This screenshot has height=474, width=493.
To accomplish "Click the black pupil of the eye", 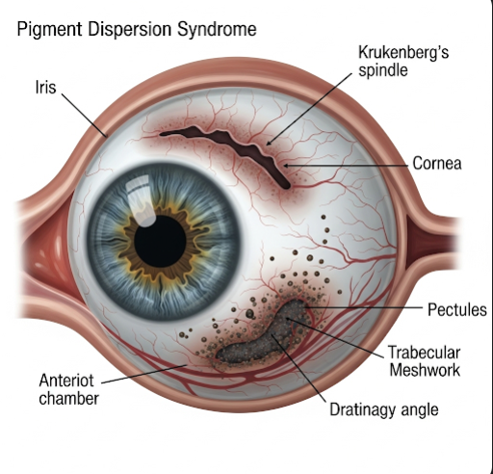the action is coord(160,242).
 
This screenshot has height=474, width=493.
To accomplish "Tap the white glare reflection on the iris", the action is coord(142,201).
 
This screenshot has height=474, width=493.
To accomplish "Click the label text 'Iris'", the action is coord(45,88).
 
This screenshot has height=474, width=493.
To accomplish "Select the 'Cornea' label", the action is coord(437,163).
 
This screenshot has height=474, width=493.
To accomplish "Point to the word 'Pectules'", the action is coord(457,310).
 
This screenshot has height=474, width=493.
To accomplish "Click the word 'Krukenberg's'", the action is coord(403,53).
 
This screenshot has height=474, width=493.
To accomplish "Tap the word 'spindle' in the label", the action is coord(383,70).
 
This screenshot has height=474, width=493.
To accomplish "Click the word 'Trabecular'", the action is coord(424,353).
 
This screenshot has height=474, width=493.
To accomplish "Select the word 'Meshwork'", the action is coord(425,370).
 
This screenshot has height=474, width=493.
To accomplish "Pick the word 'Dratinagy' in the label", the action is coord(361,410).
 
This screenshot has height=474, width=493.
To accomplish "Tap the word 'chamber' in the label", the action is coord(68,398).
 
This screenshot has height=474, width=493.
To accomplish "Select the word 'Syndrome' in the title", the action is coord(217,29).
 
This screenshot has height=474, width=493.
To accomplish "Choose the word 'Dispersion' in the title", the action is coord(130,30).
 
